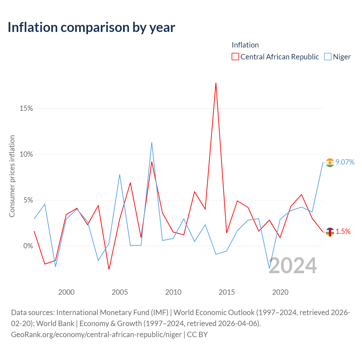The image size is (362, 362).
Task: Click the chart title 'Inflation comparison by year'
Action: pos(91,27)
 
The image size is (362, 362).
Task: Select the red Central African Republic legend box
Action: pos(235,57)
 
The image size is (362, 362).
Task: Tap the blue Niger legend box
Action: pos(327,57)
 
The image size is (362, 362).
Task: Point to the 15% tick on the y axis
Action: pos(26,108)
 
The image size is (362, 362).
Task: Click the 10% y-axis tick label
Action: pos(26,154)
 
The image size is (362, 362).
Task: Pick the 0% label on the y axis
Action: pos(28,246)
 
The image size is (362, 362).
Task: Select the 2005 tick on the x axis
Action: pos(120,292)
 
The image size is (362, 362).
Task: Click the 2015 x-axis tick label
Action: pos(227,292)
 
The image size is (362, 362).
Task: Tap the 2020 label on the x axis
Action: pos(280,292)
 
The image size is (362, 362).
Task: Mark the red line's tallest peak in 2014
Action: pos(216,83)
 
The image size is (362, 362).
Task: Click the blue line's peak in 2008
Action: pos(152,142)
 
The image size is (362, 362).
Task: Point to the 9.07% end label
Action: pos(345,162)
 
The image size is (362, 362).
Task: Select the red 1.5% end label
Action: pos(343,231)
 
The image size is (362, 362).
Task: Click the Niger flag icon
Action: pos(330,163)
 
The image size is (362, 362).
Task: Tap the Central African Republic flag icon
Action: pos(330,232)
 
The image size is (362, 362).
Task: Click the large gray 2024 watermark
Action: pos(293,266)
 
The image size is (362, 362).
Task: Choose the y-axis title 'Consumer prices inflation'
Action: pos(12,176)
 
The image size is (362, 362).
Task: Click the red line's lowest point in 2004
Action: pos(109,270)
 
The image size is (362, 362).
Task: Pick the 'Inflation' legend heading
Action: pos(245,45)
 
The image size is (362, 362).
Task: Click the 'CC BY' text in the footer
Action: pos(197,335)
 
